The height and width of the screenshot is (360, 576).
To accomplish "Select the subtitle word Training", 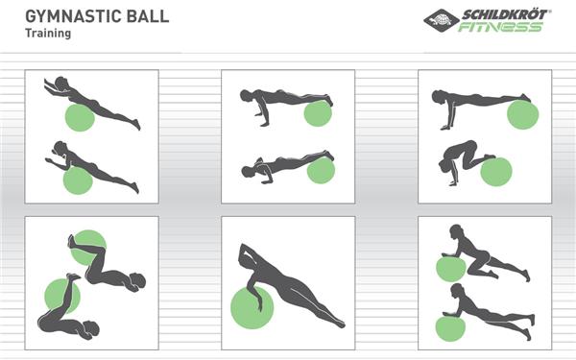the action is click(x=48, y=34).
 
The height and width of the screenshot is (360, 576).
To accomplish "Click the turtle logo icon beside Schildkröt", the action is click(x=442, y=20).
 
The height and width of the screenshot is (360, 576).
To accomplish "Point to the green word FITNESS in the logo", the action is click(x=500, y=27).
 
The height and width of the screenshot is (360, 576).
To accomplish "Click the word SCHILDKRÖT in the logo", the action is click(x=506, y=14).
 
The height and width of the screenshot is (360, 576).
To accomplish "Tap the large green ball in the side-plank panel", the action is click(x=252, y=307).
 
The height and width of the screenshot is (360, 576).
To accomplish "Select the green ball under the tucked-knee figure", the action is click(x=496, y=172).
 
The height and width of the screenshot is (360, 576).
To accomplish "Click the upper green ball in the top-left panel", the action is click(x=80, y=117).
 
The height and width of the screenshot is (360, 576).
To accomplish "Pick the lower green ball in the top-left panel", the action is click(x=78, y=180).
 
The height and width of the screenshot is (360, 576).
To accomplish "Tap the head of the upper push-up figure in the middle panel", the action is click(x=246, y=95).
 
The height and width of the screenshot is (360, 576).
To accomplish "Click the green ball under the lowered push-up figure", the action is click(x=321, y=171).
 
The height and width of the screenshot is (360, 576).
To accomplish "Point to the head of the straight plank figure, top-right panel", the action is click(x=438, y=97).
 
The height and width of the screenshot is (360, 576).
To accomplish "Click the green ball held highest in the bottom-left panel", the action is click(x=88, y=248).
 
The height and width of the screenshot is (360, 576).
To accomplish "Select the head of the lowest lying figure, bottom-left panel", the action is click(x=91, y=328).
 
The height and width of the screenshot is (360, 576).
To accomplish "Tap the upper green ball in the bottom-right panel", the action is click(x=451, y=269).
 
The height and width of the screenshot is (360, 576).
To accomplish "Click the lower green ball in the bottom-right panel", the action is click(x=450, y=328).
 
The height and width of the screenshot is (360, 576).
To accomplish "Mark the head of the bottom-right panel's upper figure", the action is click(x=456, y=231).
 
